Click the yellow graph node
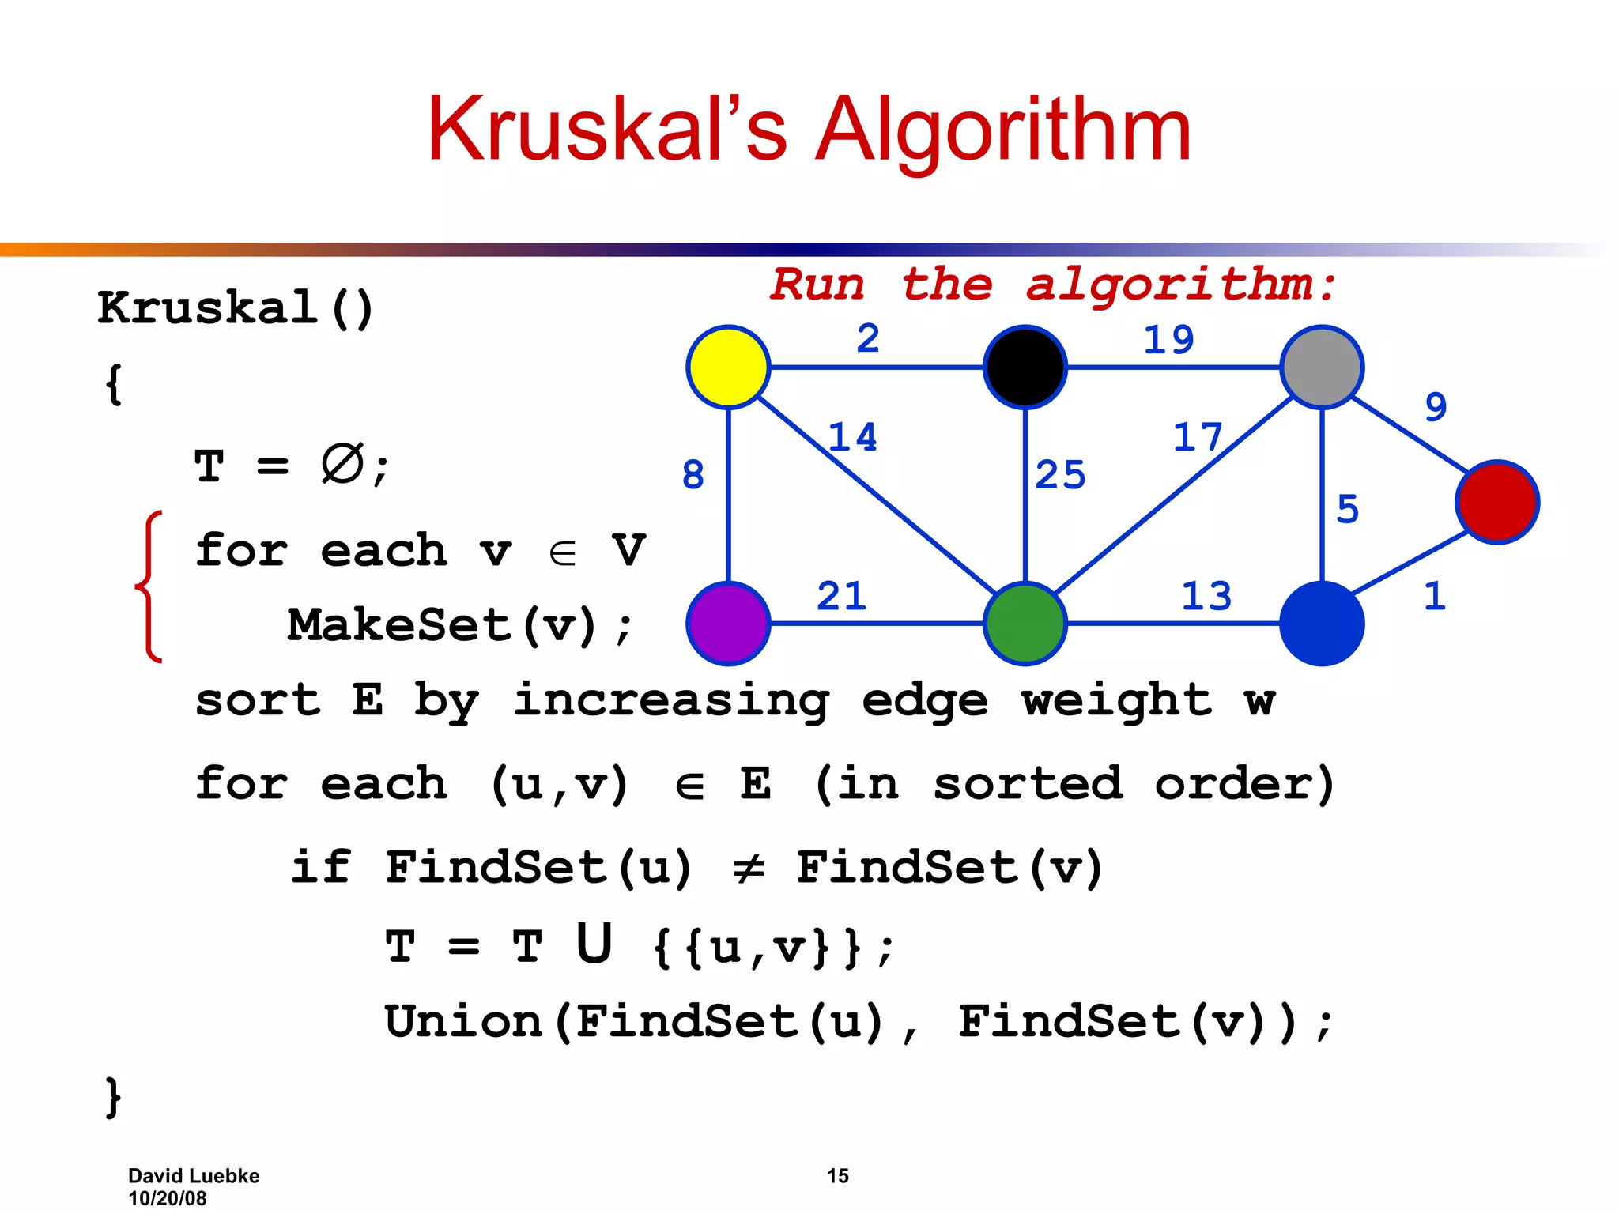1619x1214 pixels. [x=728, y=367]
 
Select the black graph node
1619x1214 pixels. [x=1025, y=367]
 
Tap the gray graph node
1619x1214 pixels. [x=1322, y=367]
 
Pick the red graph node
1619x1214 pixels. [x=1497, y=502]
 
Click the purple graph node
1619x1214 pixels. [x=728, y=623]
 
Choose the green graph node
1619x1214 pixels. [x=1025, y=623]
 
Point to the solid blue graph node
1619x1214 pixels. [x=1322, y=623]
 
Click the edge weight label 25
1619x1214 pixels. [x=1060, y=475]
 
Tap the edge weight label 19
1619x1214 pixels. [x=1168, y=340]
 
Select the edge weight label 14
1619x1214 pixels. [x=852, y=437]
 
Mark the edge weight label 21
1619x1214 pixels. [x=841, y=596]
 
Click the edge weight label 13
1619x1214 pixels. [x=1206, y=596]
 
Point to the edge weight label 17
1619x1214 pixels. [x=1198, y=437]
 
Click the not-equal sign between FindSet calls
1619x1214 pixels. [x=748, y=869]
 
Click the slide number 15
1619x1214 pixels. [x=837, y=1175]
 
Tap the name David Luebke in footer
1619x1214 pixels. [x=194, y=1175]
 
